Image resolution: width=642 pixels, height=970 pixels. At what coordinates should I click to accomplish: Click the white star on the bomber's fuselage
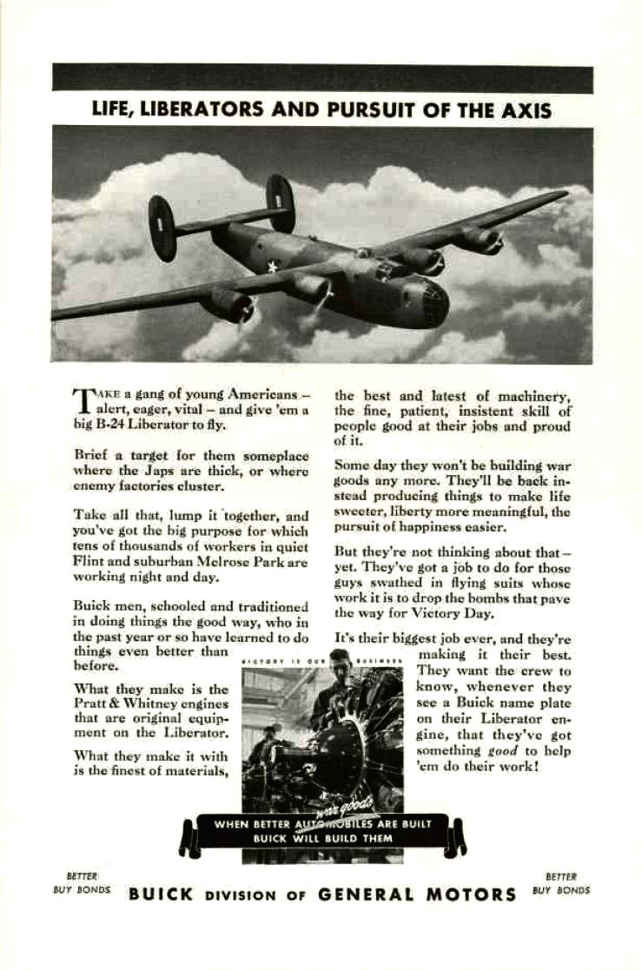273,266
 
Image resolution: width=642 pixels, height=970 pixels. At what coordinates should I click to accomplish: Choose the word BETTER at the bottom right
561,877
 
